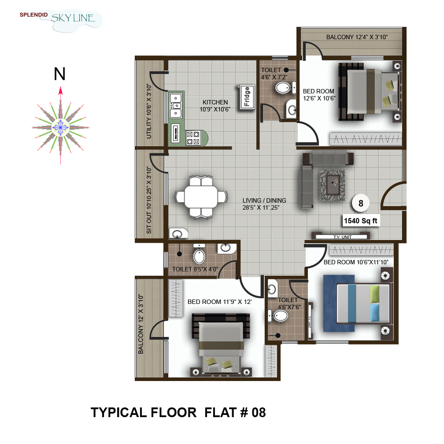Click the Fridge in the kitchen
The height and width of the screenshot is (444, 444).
[246, 97]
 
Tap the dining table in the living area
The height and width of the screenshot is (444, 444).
[201, 196]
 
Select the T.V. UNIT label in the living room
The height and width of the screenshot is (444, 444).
[342, 237]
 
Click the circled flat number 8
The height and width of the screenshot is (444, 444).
[360, 203]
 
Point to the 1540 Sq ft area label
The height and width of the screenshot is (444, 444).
[360, 221]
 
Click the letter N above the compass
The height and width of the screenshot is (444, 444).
[59, 74]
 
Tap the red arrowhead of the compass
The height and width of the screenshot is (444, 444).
[60, 91]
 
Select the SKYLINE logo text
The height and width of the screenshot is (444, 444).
[73, 18]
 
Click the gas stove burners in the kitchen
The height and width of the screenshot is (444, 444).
[193, 138]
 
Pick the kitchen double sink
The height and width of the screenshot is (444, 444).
[176, 106]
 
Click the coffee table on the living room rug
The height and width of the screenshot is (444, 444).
[333, 185]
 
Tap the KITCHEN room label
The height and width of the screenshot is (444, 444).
[215, 102]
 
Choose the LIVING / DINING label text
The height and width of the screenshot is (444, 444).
[264, 200]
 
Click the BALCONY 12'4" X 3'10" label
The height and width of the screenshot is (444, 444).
[357, 37]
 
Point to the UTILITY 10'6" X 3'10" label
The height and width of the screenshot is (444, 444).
[149, 111]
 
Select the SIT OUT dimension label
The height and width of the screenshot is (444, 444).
[149, 200]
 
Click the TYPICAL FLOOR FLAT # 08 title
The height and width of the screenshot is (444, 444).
[178, 413]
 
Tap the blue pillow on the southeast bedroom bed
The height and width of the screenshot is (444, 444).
[375, 313]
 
